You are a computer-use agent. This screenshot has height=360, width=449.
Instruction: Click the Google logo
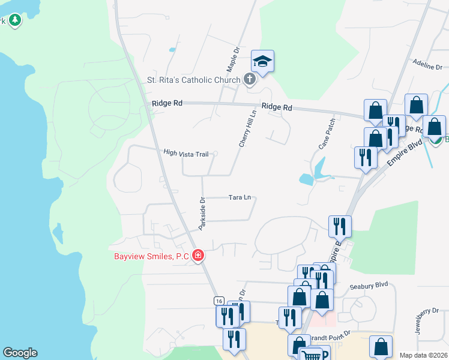[x=20, y=353]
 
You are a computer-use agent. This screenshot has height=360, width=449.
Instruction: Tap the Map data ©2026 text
[x=423, y=355]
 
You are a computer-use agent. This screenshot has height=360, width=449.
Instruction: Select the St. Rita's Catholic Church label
[x=194, y=79]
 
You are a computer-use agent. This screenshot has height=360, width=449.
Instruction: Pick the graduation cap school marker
[x=262, y=61]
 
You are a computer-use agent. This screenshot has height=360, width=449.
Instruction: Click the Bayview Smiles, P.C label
[x=151, y=256]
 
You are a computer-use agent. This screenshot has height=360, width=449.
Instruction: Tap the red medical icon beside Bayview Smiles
[x=198, y=256]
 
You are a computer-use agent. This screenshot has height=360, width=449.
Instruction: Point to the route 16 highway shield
[x=218, y=300]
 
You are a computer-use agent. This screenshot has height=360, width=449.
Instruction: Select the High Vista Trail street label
[x=185, y=154]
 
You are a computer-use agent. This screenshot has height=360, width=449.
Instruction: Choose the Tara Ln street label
[x=239, y=197]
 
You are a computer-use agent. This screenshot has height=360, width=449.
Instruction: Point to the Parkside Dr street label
[x=203, y=214]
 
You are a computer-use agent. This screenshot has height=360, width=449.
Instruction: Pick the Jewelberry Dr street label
[x=428, y=322]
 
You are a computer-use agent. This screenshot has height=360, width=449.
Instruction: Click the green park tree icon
[x=14, y=21]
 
